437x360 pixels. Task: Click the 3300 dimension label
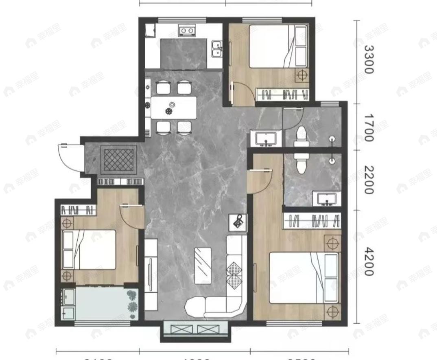pos(368,59)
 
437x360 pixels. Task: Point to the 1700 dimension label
pos(368,127)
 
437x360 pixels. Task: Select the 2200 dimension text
pos(368,180)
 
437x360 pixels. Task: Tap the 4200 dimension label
pos(368,261)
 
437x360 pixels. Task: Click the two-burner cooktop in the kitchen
pos(187,31)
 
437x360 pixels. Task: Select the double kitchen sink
pos(217,49)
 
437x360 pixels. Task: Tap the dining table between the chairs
pos(174,108)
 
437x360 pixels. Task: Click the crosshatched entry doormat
pos(118,159)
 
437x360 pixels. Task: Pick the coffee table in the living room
pos(203,265)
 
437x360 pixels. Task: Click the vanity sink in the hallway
pos(265,138)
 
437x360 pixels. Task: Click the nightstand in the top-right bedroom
pos(302,75)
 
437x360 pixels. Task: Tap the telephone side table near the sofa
pos(238,222)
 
